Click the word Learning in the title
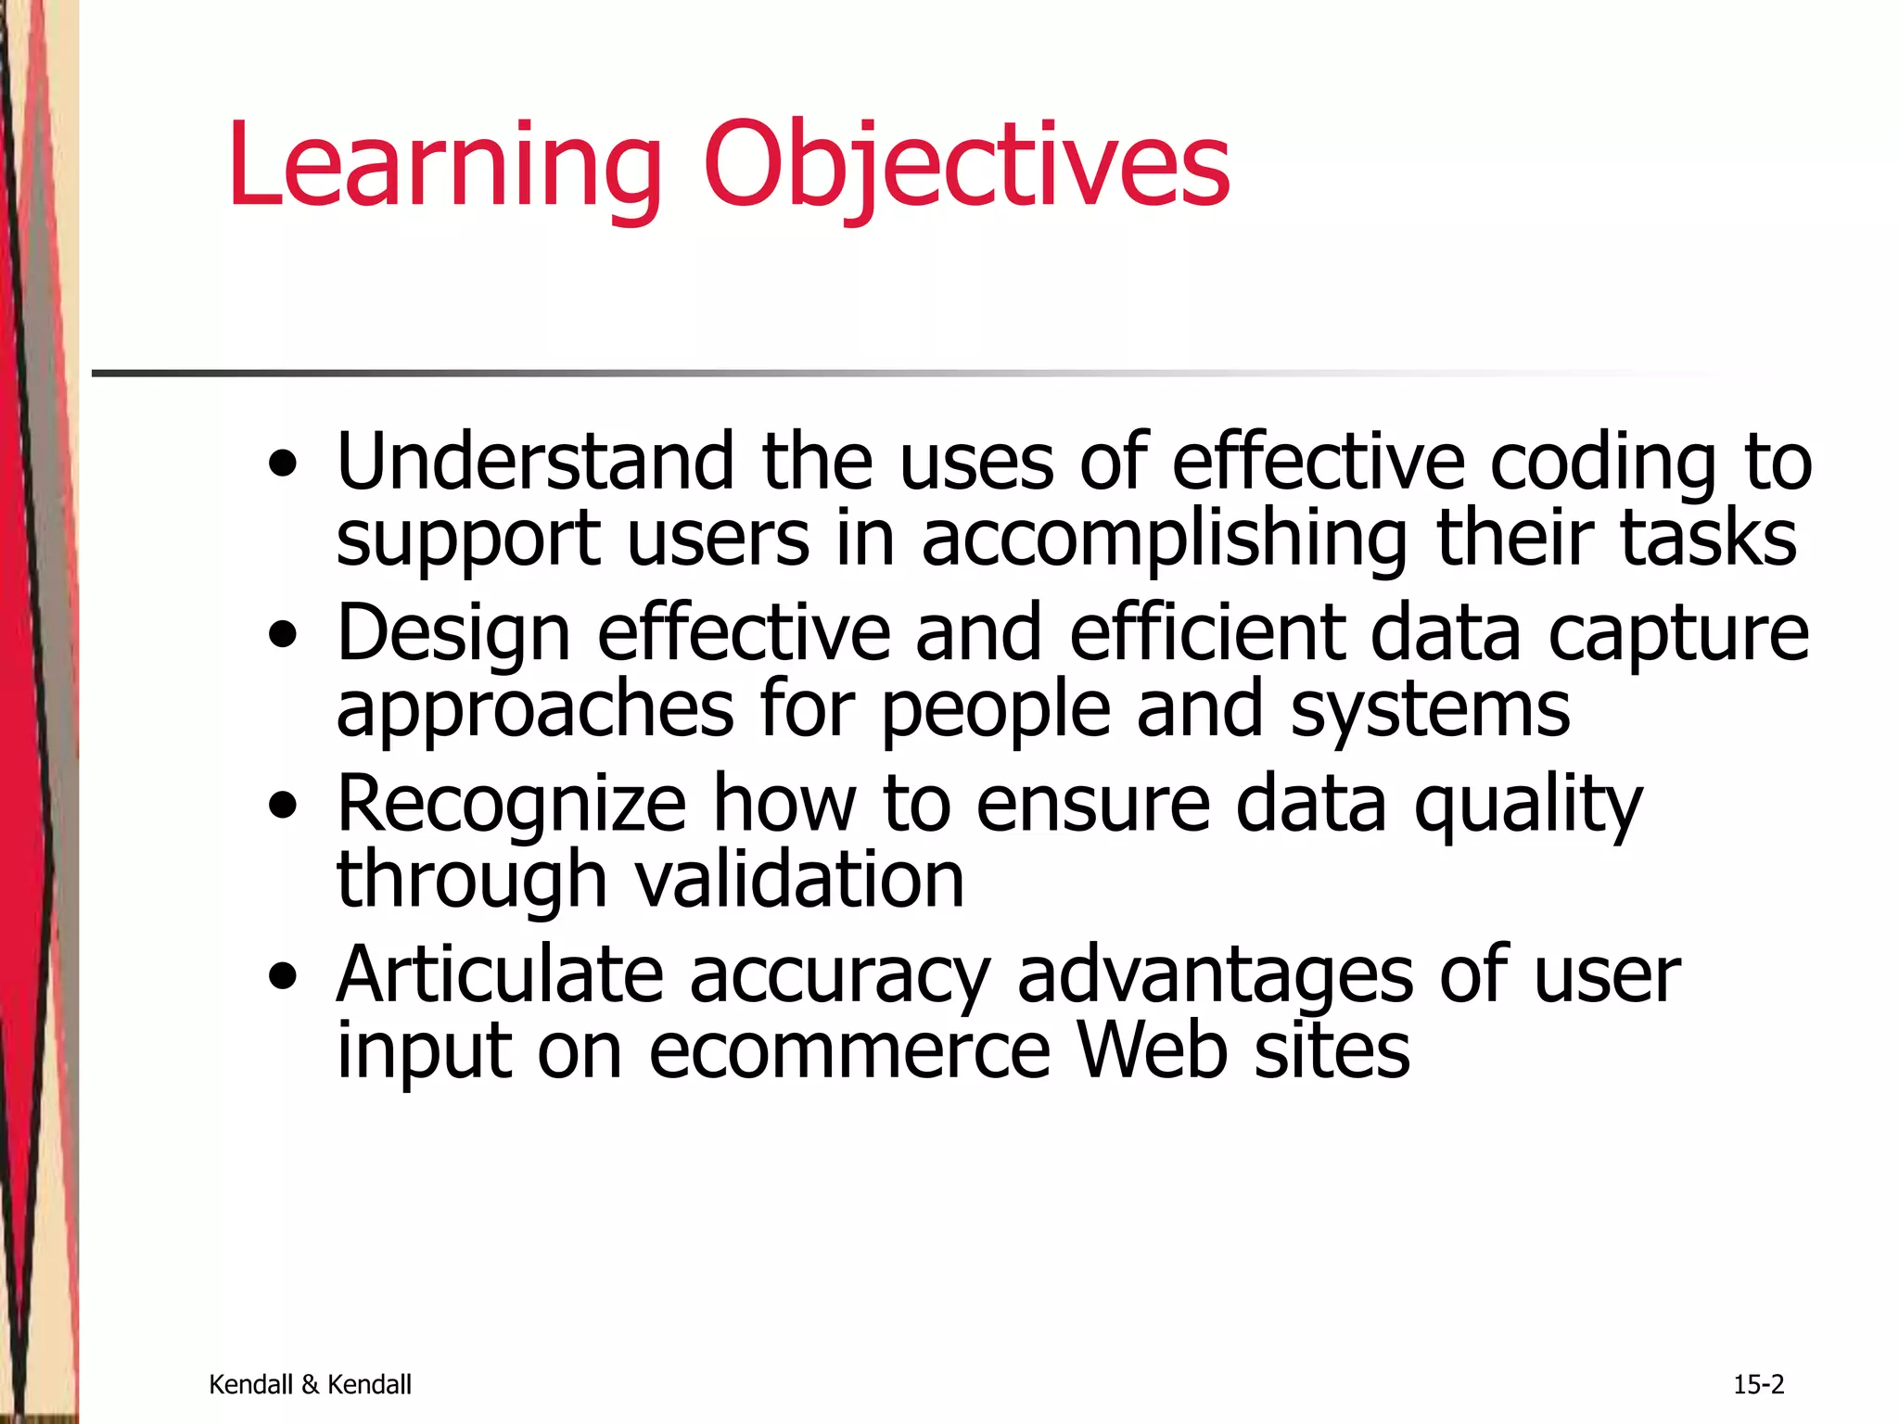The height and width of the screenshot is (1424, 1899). [x=444, y=167]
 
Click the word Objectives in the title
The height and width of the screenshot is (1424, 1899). [x=967, y=167]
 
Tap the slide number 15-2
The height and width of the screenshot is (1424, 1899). [x=1758, y=1384]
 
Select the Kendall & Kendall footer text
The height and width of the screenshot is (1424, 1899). [x=310, y=1384]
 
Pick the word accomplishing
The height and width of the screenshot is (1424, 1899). [x=1165, y=540]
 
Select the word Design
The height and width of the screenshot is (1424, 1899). [x=453, y=635]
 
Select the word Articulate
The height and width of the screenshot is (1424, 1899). [x=500, y=974]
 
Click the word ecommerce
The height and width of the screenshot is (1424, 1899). [x=849, y=1051]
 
